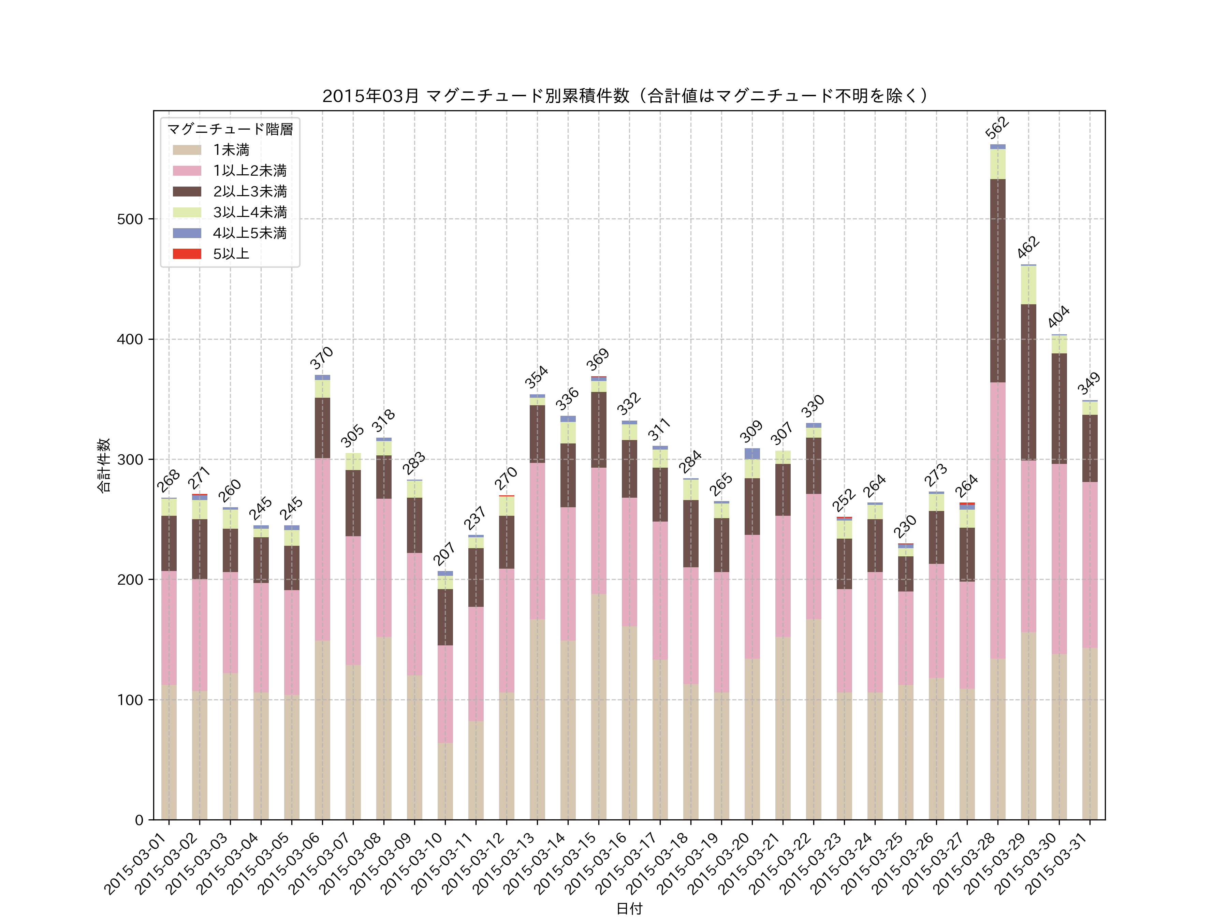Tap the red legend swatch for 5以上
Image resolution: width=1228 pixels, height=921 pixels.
click(x=187, y=254)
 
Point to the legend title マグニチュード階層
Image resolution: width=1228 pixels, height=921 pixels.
click(x=230, y=129)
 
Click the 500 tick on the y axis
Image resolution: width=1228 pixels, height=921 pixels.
click(x=130, y=219)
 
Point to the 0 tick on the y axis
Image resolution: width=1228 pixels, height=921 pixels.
click(x=139, y=820)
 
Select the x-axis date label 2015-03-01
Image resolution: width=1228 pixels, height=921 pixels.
click(x=136, y=863)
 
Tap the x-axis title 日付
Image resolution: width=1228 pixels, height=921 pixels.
click(x=629, y=908)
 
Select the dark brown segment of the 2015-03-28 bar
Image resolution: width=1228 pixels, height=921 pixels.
click(x=998, y=280)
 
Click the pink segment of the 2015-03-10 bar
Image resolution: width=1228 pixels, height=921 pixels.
click(x=445, y=694)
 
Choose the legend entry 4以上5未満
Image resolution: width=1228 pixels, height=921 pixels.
click(x=250, y=233)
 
